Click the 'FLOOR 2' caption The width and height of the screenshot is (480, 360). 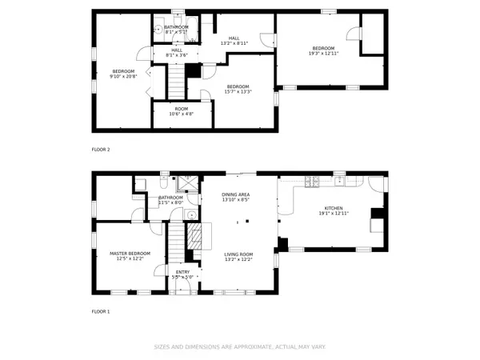coord(100,150)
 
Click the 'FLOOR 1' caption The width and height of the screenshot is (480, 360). coord(100,310)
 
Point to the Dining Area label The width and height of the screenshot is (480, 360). coord(236,197)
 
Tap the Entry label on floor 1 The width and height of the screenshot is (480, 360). coord(183,274)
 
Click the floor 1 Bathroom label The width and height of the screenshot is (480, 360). coord(170,200)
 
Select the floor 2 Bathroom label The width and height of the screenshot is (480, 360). coord(176,30)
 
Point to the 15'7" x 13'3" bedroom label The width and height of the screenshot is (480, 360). coord(238,89)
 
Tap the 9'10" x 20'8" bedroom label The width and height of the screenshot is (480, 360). coord(118,73)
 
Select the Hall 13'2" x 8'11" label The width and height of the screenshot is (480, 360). coord(234,40)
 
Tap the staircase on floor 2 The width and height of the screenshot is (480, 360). coord(176,80)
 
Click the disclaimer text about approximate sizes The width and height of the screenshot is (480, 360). coord(239,347)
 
